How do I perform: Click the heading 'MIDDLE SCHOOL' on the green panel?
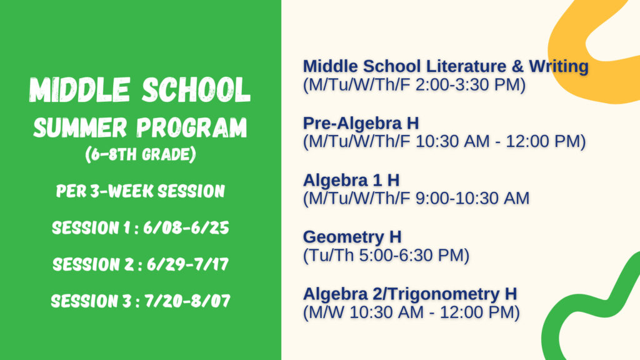pos(139,90)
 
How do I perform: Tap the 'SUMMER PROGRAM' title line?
pos(140,127)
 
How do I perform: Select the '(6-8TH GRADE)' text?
pos(141,154)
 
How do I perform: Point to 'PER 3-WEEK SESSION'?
pos(141,191)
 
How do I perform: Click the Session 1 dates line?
pos(141,227)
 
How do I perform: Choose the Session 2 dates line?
pos(141,264)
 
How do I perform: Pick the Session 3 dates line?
pos(141,301)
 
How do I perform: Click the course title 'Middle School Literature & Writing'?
pos(446,66)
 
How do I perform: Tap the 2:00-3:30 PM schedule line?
pos(414,85)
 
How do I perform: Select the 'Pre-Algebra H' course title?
pos(361,123)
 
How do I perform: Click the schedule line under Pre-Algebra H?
pos(444,142)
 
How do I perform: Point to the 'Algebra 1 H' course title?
pos(351,180)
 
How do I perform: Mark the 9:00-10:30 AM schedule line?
pos(416,198)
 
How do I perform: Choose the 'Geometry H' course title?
pos(352,237)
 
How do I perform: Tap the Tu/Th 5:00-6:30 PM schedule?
pos(386,256)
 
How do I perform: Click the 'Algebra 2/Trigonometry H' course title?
pos(410,294)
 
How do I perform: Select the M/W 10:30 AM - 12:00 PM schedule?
pos(411,312)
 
